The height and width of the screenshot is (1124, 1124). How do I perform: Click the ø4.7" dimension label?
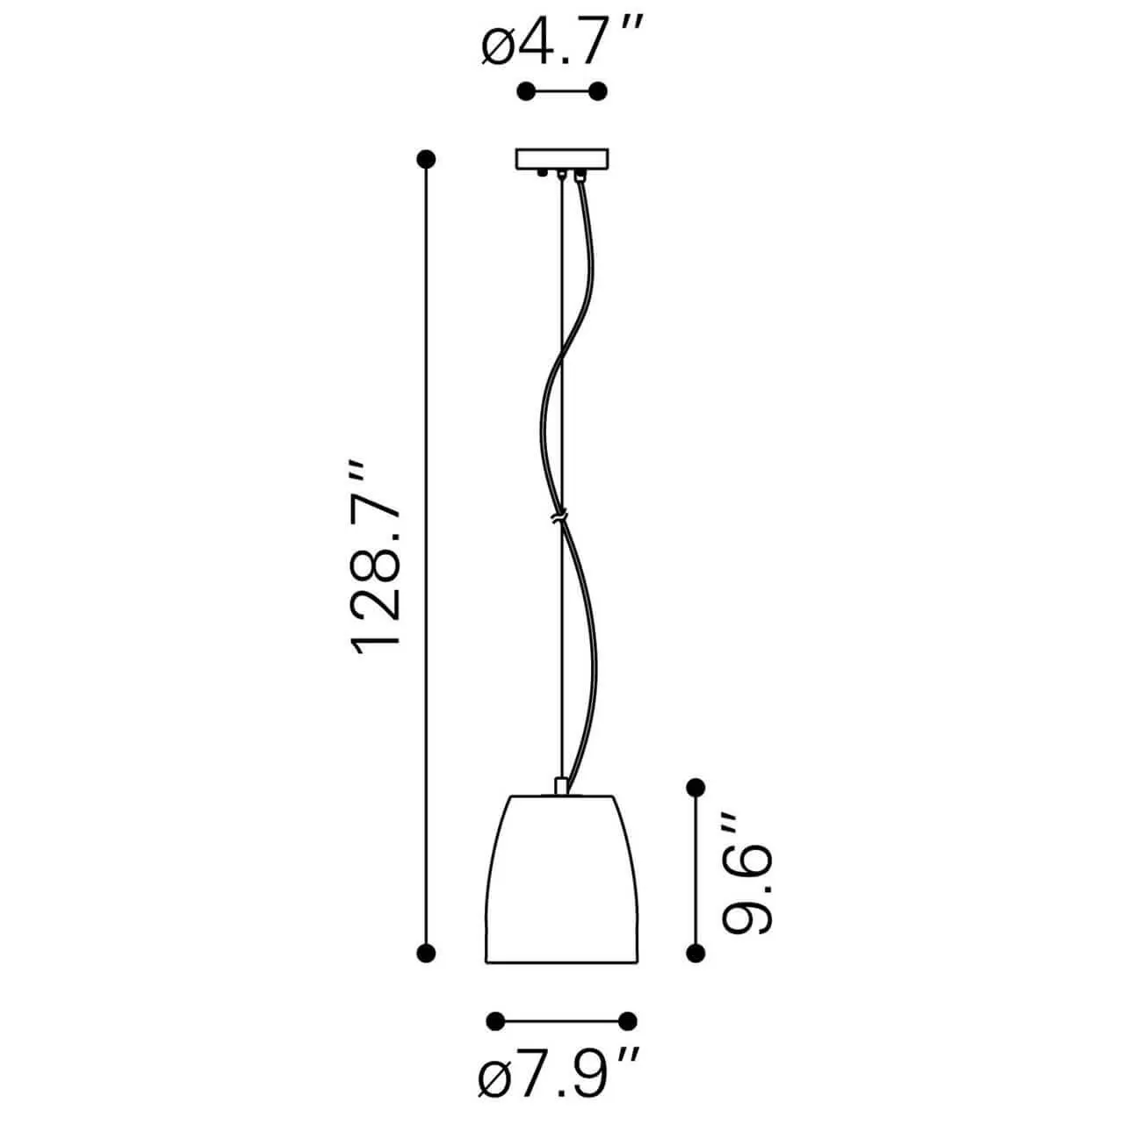(x=562, y=40)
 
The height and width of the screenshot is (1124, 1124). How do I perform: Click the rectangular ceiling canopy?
(x=562, y=159)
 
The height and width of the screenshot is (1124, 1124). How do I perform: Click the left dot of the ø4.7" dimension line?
(x=526, y=91)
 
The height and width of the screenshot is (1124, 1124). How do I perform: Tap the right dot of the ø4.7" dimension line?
(x=598, y=91)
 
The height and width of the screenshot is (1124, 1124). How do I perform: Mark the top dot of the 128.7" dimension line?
(x=427, y=159)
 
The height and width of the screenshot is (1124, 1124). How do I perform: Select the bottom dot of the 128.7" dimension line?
(x=427, y=953)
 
